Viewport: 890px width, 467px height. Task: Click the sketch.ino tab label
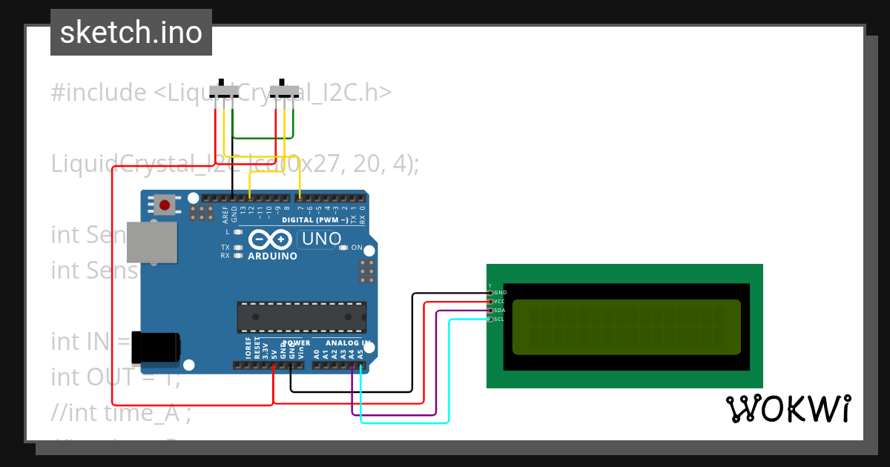131,33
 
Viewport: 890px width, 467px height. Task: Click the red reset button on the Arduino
164,205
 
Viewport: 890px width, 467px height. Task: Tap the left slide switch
224,92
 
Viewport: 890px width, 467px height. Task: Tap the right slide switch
284,92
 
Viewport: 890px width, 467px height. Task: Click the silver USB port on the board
152,242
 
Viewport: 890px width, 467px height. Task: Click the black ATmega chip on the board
301,317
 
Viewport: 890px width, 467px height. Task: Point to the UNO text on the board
321,239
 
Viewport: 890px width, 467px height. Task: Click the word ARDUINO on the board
272,256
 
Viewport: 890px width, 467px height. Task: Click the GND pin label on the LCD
500,293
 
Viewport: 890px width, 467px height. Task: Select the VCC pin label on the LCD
500,302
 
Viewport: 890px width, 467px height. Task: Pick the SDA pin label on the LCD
500,311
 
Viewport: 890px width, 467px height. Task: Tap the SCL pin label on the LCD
500,319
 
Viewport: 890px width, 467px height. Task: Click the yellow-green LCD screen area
627,327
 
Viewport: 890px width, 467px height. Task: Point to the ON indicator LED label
357,248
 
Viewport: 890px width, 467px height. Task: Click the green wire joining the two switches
263,138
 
